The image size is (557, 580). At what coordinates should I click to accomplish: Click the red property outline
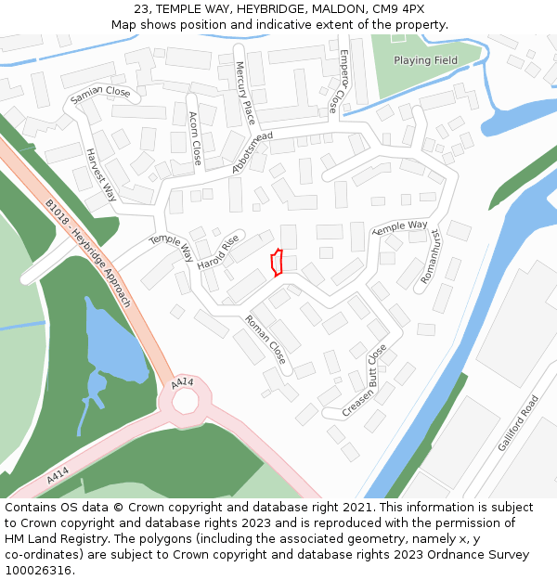(x=276, y=263)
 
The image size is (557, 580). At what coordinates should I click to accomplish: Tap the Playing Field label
(x=425, y=60)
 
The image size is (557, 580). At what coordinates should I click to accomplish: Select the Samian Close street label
(x=100, y=94)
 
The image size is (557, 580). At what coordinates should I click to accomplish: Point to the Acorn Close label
(x=195, y=138)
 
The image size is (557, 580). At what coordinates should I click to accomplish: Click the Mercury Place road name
(x=244, y=93)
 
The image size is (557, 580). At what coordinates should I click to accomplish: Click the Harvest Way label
(x=101, y=174)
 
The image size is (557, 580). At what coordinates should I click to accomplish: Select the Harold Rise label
(x=218, y=251)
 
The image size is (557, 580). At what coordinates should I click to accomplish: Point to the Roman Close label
(x=266, y=339)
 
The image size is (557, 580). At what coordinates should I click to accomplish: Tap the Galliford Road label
(x=517, y=422)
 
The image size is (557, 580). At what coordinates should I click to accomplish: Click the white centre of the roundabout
(x=186, y=401)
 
